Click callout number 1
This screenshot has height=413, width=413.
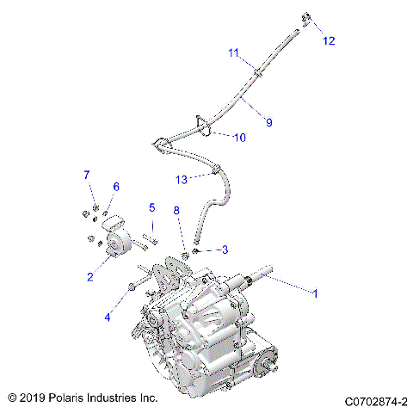click(315, 293)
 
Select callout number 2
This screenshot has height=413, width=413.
click(89, 276)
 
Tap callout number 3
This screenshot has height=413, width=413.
click(224, 250)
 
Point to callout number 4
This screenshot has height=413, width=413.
click(108, 317)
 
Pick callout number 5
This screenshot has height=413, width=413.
click(151, 207)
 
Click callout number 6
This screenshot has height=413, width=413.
click(116, 187)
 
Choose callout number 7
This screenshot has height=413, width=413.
click(86, 176)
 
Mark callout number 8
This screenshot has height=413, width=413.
click(176, 210)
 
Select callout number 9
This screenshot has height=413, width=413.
click(268, 123)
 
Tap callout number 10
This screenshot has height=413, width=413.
click(239, 137)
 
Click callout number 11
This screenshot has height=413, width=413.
click(233, 53)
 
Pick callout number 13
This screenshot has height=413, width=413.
click(181, 179)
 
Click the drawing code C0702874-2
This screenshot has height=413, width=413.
click(375, 400)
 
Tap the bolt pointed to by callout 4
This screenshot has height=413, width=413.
click(135, 287)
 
